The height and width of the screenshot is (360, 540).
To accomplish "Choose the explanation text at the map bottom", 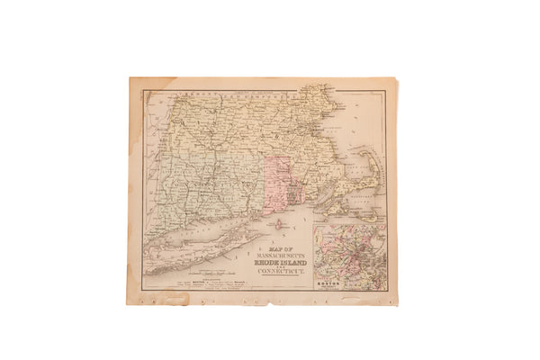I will (x=211, y=283).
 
